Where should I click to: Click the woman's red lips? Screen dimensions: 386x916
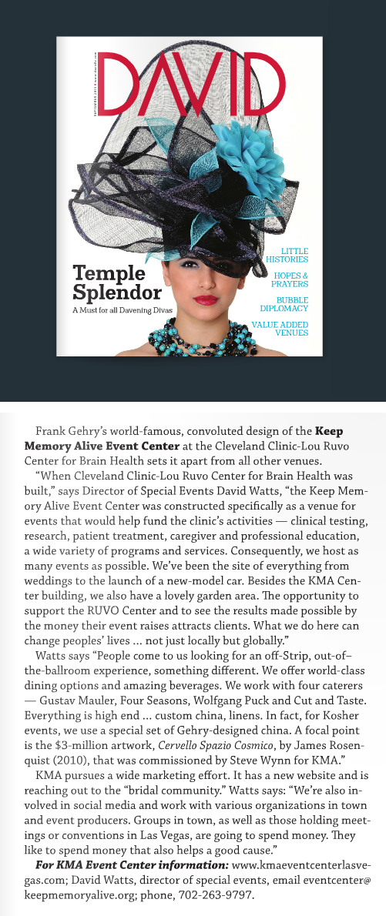pos(206,299)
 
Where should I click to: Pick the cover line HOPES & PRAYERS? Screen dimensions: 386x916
pos(293,279)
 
